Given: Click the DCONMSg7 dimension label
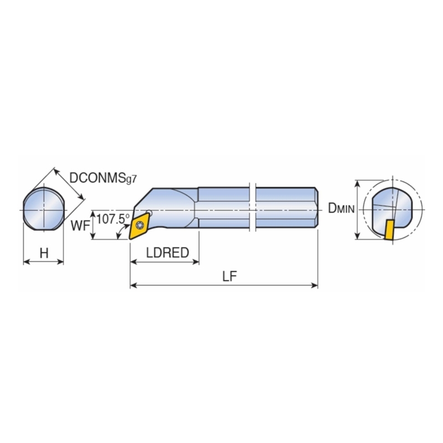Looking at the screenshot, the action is [103, 178].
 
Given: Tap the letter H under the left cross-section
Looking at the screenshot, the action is [44, 253].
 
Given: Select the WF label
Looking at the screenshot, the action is [80, 226].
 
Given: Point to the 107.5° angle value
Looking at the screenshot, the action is [113, 219].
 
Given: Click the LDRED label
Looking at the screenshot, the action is [168, 253].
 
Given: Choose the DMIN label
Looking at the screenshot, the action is [341, 208].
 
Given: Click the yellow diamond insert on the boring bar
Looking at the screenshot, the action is [139, 226].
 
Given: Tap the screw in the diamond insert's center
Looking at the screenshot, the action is [140, 225].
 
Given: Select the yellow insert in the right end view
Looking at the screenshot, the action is [389, 230].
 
